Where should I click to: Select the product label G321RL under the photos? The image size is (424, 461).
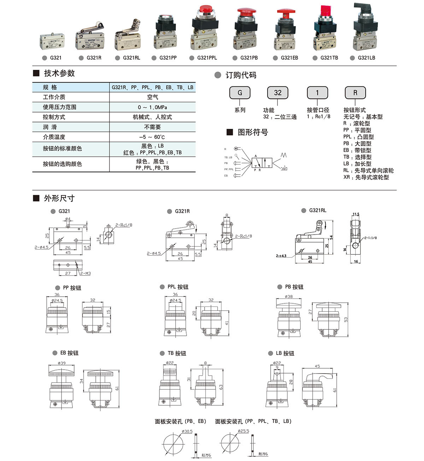[x=131, y=58]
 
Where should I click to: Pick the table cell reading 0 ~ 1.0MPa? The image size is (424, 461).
[x=152, y=107]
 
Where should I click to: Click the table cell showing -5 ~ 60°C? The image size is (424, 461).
[x=152, y=137]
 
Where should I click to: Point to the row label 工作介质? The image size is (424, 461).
[x=54, y=97]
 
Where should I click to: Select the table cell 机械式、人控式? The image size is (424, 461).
[x=152, y=117]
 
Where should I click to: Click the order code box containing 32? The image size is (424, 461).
[x=278, y=93]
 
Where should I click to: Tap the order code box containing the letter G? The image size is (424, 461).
[x=240, y=93]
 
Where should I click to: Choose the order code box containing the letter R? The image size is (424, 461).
[x=355, y=93]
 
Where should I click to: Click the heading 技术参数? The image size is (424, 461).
[x=59, y=73]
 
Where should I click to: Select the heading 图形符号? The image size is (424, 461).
[x=253, y=132]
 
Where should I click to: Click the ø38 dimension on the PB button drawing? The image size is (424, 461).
[x=289, y=297]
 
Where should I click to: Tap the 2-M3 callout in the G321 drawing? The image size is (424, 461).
[x=86, y=273]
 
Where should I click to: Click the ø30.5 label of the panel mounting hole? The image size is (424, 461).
[x=187, y=431]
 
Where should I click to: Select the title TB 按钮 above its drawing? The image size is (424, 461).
[x=177, y=353]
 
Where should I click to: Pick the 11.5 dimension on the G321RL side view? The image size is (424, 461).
[x=355, y=214]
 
